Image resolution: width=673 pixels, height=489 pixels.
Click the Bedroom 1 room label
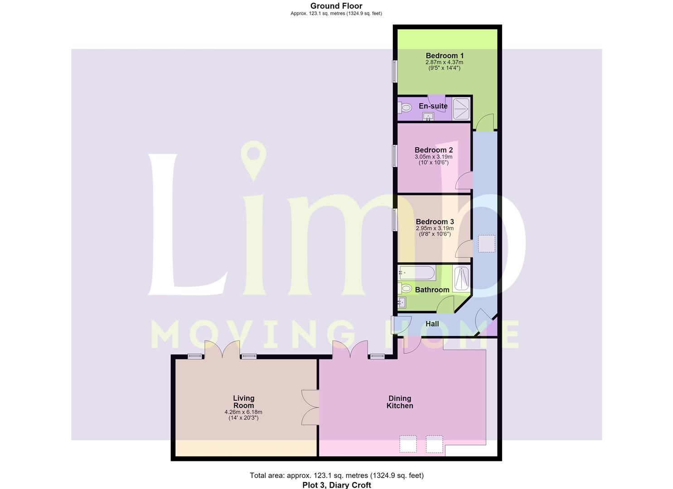[x=445, y=56]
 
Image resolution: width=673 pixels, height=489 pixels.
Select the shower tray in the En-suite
[x=461, y=109]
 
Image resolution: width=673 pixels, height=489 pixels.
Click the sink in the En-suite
[x=428, y=117]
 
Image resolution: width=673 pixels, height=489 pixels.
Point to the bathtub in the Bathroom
[x=417, y=273]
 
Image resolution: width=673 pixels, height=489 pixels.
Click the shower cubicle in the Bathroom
[x=461, y=279]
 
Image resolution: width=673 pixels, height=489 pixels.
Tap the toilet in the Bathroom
[x=405, y=289]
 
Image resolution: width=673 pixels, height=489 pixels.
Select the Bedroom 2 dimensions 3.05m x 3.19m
[x=434, y=157]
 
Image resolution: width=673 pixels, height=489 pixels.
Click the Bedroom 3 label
[x=435, y=222]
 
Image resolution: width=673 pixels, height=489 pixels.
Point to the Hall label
[x=432, y=324]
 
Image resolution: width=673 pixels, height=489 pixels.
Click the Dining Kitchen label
[x=400, y=402]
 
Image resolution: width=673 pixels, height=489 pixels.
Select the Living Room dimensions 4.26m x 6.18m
[x=243, y=412]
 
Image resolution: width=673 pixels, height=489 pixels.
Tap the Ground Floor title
[x=336, y=6]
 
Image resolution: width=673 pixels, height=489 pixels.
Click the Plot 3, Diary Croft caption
[x=336, y=485]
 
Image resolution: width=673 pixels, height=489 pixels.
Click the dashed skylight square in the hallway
[x=486, y=244]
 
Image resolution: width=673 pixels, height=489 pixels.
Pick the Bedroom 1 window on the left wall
[x=395, y=71]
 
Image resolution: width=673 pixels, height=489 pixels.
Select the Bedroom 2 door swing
[x=464, y=180]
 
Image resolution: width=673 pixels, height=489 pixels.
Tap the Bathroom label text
[x=432, y=290]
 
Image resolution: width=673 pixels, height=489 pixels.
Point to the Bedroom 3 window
[x=395, y=220]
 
